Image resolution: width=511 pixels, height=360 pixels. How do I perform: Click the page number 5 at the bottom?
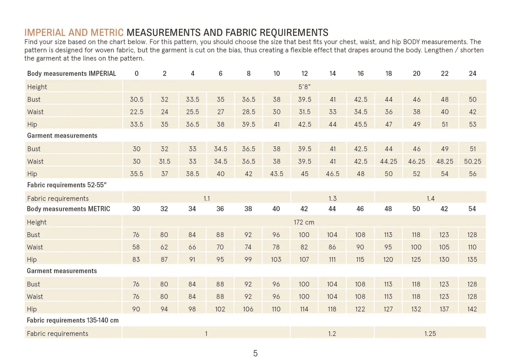coord(255,353)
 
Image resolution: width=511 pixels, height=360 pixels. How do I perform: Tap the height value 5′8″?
coord(304,87)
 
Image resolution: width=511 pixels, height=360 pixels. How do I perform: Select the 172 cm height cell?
coord(304,222)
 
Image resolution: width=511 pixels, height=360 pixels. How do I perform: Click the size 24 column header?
coord(472,73)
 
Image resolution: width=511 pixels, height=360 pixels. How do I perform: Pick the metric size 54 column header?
coord(472,209)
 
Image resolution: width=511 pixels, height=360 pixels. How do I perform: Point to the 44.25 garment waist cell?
coord(389,161)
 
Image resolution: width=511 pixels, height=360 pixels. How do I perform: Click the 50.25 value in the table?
coord(472,161)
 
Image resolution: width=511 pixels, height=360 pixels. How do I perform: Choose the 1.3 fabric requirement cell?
coord(332,199)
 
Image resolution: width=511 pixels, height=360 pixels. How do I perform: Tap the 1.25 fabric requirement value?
coord(430,334)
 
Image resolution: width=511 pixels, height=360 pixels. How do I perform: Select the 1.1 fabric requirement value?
coord(207,199)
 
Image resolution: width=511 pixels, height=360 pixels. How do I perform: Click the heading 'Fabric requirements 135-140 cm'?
coord(73,320)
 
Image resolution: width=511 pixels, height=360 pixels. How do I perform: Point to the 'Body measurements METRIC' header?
coord(69,209)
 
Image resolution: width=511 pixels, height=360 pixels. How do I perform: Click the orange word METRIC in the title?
coord(107,33)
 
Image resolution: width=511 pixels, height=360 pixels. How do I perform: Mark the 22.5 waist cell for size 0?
coord(137,112)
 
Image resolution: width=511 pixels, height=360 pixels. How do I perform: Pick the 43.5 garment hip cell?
coord(277,174)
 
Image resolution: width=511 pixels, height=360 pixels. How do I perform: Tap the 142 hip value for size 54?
coord(472,309)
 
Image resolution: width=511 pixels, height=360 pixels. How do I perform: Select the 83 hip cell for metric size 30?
coord(136,260)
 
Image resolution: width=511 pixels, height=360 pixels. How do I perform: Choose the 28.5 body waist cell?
coord(249,112)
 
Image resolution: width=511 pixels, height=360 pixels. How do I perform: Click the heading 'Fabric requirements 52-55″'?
coord(67,185)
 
